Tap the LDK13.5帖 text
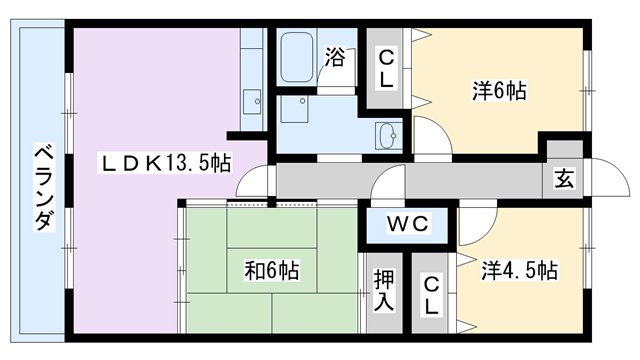tap(166, 162)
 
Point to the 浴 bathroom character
tap(335, 58)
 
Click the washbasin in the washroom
tap(388, 135)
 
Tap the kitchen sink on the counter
tap(251, 101)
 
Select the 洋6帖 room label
tap(499, 91)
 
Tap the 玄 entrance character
tap(564, 180)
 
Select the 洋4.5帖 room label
tap(518, 270)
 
